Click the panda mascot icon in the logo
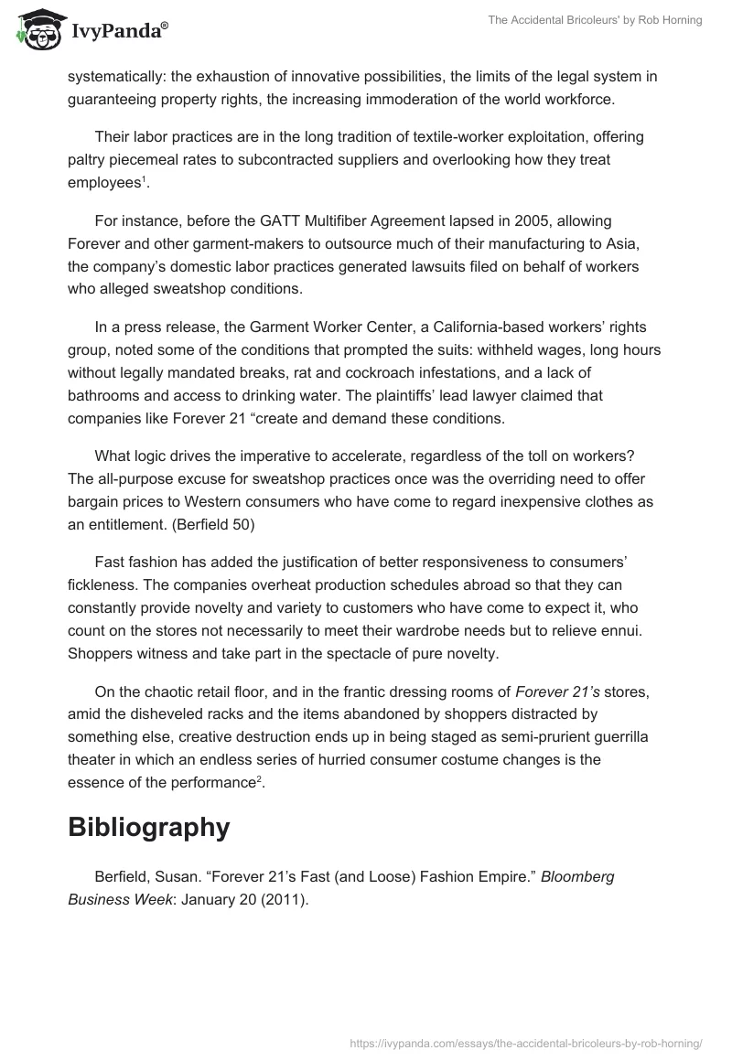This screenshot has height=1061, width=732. click(34, 29)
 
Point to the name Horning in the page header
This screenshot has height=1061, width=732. click(679, 21)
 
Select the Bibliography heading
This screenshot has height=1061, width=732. click(148, 827)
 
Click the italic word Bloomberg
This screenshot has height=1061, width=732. click(577, 876)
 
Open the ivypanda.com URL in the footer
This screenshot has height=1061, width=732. click(526, 1041)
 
